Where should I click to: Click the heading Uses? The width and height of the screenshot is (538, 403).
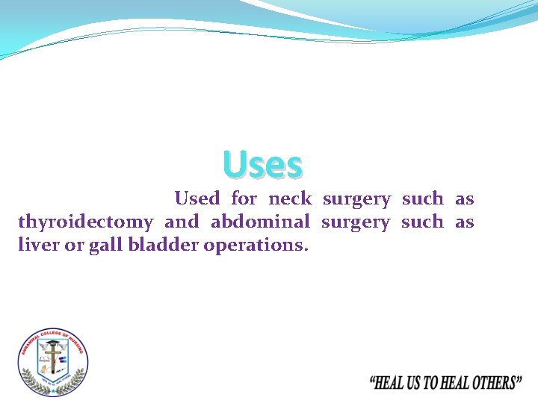(x=262, y=165)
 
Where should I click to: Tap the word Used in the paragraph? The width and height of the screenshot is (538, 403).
(x=197, y=199)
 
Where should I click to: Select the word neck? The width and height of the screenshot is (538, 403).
(x=289, y=199)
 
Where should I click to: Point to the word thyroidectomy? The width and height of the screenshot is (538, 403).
(x=85, y=222)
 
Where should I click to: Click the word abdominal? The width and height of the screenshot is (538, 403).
(x=260, y=222)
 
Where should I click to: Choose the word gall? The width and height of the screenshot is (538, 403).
(x=102, y=246)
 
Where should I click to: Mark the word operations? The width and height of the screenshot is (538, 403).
(x=256, y=246)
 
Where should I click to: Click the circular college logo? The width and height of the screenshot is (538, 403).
(x=52, y=363)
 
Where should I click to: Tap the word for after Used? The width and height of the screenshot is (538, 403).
(x=244, y=199)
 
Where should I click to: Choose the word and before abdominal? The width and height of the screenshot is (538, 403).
(x=182, y=222)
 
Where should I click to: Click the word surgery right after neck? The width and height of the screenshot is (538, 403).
(x=356, y=199)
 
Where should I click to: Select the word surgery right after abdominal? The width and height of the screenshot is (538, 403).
(x=356, y=222)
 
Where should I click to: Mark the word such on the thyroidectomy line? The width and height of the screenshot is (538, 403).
(x=422, y=222)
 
